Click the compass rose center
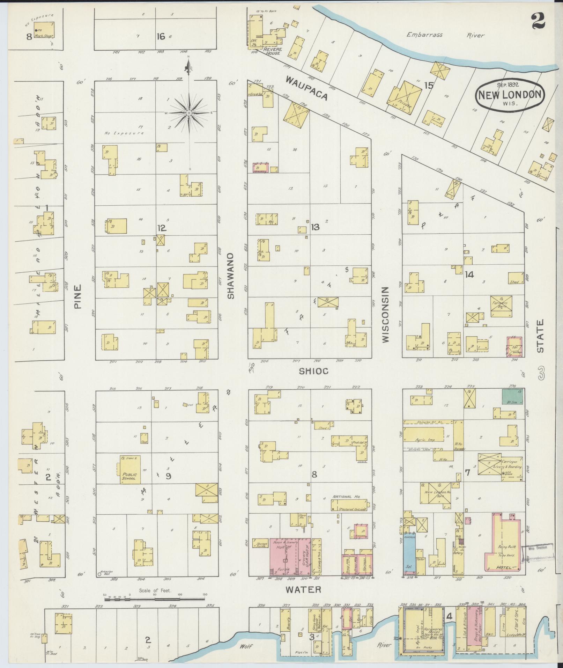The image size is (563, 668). tap(188, 113)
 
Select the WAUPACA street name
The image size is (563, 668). tap(307, 88)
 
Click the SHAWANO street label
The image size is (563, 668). tap(230, 276)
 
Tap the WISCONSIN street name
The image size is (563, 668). tap(385, 314)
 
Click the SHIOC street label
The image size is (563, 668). tap(313, 371)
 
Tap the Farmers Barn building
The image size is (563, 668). tap(501, 306)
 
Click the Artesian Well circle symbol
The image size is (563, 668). tap(99, 573)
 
